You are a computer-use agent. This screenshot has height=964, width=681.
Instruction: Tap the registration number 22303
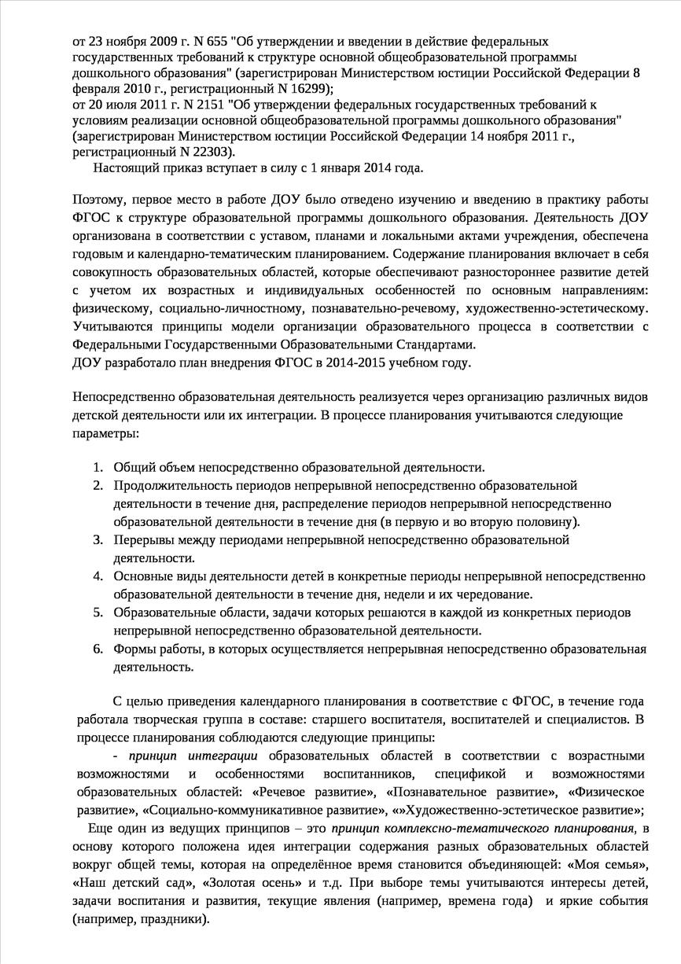click(212, 152)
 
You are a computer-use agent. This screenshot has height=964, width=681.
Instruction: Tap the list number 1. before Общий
click(98, 467)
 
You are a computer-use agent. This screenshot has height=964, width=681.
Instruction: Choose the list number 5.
click(98, 612)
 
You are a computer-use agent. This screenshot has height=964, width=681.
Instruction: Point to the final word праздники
click(168, 918)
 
